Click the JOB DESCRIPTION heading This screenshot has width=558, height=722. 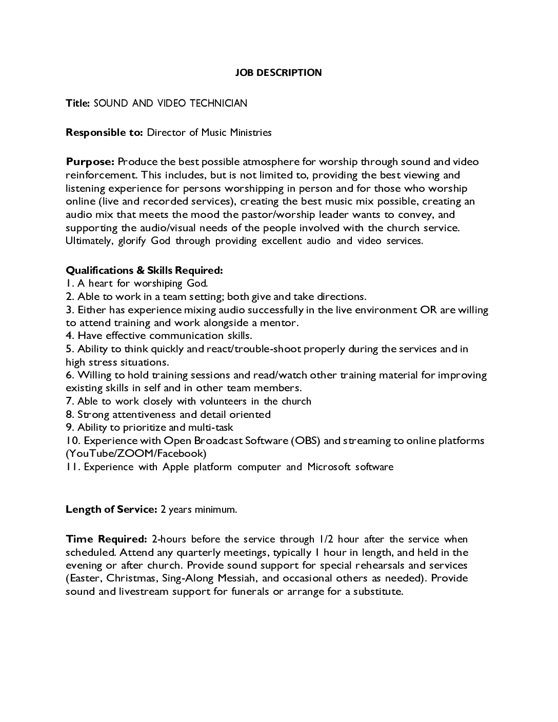click(278, 73)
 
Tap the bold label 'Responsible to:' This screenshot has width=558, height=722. click(104, 133)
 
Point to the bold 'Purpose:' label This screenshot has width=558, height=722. click(90, 162)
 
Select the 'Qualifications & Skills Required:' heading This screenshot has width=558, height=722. click(144, 270)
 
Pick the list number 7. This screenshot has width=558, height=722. click(69, 402)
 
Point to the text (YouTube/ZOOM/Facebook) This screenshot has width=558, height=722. click(136, 454)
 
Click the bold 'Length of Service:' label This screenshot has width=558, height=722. click(111, 510)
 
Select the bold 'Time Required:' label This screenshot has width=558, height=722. click(106, 539)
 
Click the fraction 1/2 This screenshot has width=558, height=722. click(326, 539)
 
